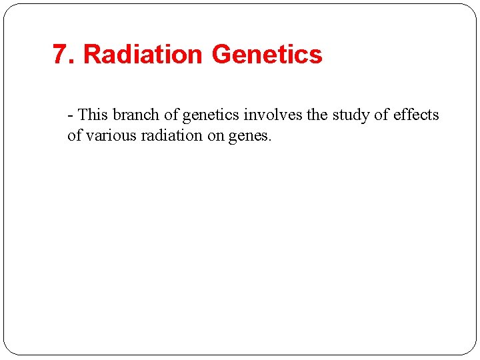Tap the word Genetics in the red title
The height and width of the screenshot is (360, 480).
267,55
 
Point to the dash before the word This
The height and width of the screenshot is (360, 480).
70,115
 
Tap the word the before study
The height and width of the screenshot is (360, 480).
317,115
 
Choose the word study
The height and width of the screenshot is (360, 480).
351,115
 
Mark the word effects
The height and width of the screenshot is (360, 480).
416,115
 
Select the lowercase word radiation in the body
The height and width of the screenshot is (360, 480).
171,136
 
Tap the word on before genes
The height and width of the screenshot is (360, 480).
217,137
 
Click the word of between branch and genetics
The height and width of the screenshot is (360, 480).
171,115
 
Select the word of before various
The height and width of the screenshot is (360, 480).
74,136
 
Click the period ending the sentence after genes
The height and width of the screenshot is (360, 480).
270,141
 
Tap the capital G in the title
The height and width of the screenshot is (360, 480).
222,55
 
